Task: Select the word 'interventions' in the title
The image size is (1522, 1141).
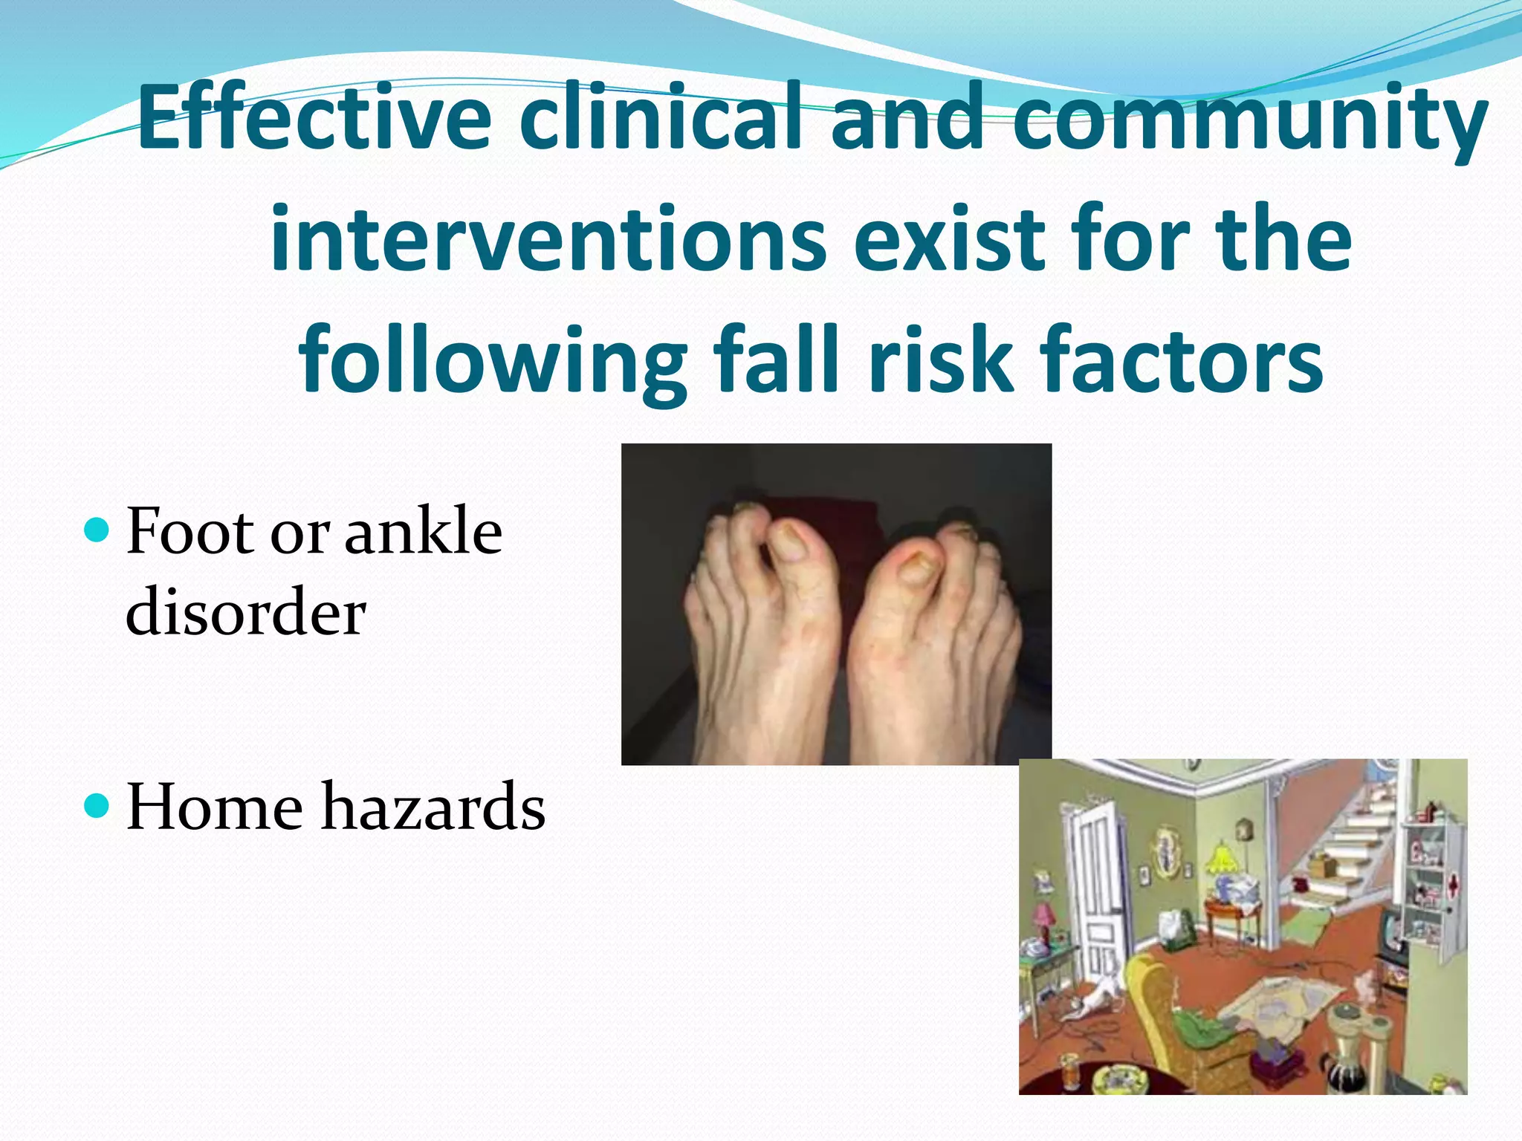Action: click(548, 240)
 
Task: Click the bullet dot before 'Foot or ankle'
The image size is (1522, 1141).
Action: click(97, 530)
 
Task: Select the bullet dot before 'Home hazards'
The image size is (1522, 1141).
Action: click(97, 804)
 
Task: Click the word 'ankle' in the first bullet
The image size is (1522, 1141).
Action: click(424, 531)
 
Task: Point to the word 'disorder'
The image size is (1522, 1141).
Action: click(245, 613)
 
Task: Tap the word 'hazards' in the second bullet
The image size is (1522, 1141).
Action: click(433, 807)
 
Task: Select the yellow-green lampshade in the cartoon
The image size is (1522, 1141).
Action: click(1221, 859)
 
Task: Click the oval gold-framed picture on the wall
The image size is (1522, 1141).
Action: click(1163, 847)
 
